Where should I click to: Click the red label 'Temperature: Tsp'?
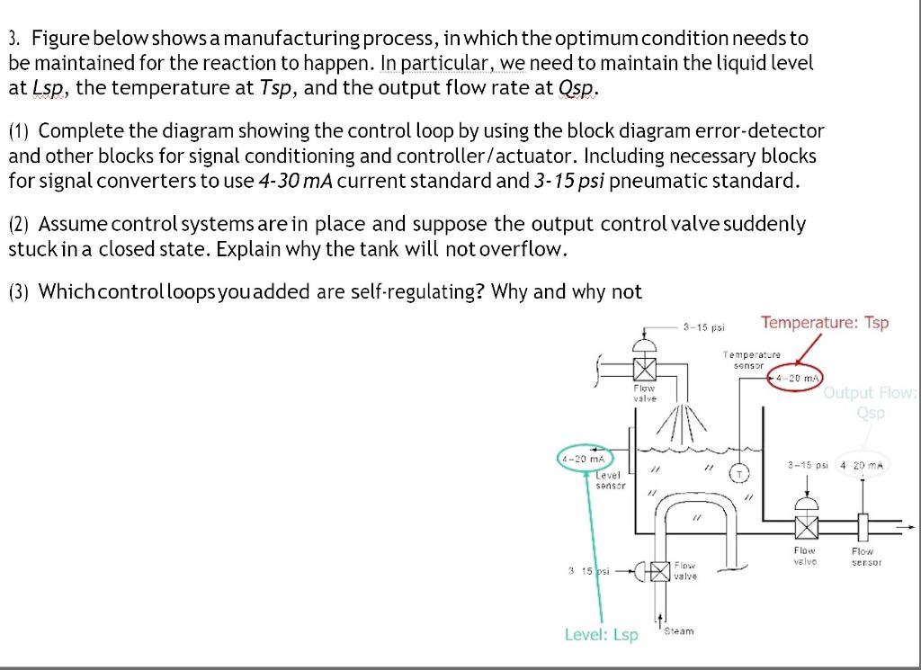824,323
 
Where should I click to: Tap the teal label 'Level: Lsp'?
601,635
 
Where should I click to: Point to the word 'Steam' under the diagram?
679,631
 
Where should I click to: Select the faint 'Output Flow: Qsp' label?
870,401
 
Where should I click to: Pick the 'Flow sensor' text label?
863,557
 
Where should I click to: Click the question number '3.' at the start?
14,39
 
